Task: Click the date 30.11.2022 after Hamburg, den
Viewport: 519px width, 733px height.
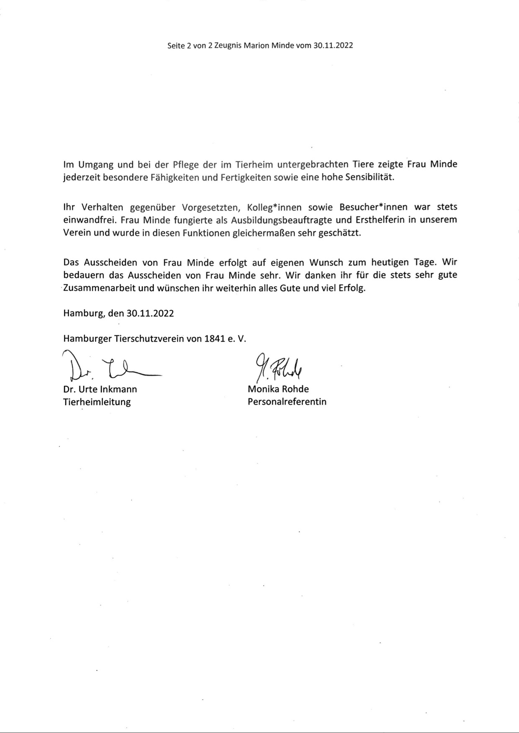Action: pyautogui.click(x=150, y=313)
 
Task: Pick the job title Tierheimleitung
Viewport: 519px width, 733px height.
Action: pyautogui.click(x=97, y=402)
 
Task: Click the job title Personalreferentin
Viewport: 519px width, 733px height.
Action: pyautogui.click(x=287, y=402)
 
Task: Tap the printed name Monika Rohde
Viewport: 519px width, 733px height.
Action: pyautogui.click(x=278, y=389)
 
